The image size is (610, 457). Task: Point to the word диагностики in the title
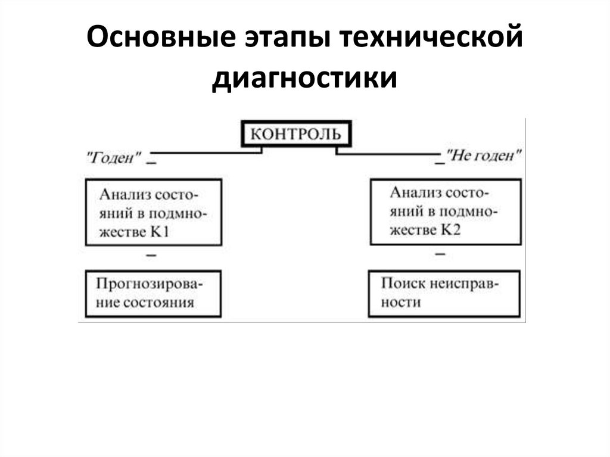[x=304, y=79]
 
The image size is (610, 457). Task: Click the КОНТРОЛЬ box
[x=295, y=133]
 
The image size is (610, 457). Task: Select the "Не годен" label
[x=485, y=156]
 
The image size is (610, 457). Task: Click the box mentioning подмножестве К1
[x=153, y=212]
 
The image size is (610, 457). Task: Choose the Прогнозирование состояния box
[x=153, y=293]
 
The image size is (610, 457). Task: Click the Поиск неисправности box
[x=444, y=293]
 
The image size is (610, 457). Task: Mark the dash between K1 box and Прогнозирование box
[x=151, y=255]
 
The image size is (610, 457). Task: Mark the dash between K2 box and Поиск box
[x=440, y=254]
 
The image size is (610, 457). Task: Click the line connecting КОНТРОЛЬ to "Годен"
[x=203, y=153]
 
